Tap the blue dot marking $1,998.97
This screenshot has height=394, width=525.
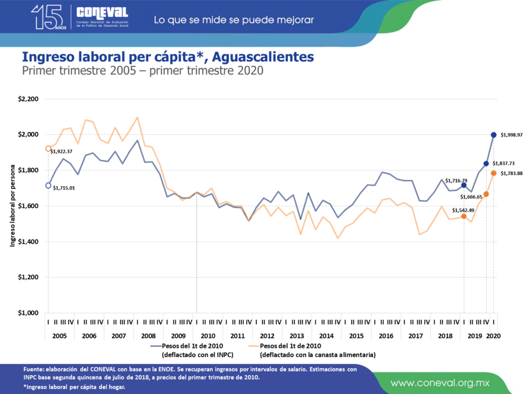click(494, 135)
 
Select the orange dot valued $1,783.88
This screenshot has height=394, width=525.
click(494, 173)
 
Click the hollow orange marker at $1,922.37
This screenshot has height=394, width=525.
click(48, 149)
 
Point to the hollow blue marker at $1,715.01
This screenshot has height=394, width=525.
click(48, 186)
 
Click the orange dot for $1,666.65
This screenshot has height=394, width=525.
click(486, 194)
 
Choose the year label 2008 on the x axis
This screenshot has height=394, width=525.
click(148, 336)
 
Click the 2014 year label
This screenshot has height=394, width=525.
click(327, 336)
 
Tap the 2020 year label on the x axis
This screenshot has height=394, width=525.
click(493, 336)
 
